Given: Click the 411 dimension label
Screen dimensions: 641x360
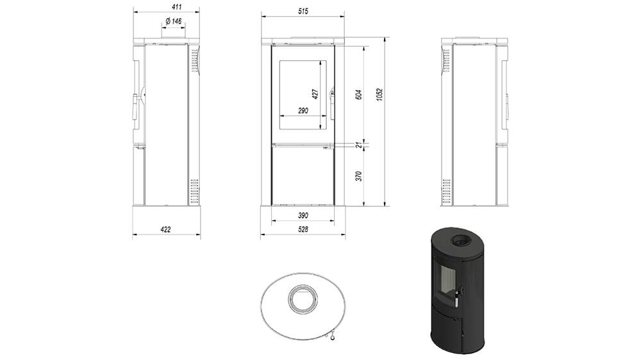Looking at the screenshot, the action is pos(177,7).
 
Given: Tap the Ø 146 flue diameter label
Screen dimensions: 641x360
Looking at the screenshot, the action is pos(174,21).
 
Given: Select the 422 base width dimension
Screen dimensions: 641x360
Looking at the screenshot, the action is pos(165,230).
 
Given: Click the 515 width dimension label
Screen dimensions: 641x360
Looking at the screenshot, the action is pos(303,12).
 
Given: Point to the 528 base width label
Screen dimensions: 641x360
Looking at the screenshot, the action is pos(303,230).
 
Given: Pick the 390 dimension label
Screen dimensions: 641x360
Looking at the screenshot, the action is pos(303,215).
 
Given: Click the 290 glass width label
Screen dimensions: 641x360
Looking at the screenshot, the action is pos(303,111).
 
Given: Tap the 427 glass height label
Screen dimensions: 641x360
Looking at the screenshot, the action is pos(315,94).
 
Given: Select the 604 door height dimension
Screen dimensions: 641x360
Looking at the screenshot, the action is pos(359,95).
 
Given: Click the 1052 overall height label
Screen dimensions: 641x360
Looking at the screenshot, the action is pos(379,95).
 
